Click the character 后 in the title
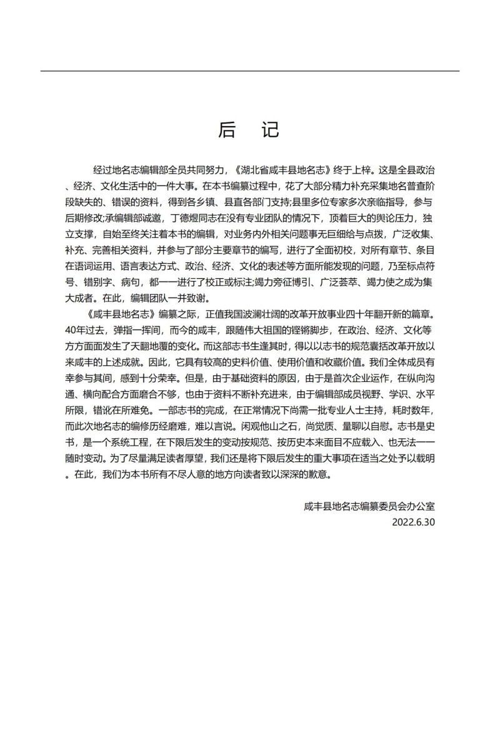click(x=227, y=130)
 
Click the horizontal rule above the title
click(x=250, y=71)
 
